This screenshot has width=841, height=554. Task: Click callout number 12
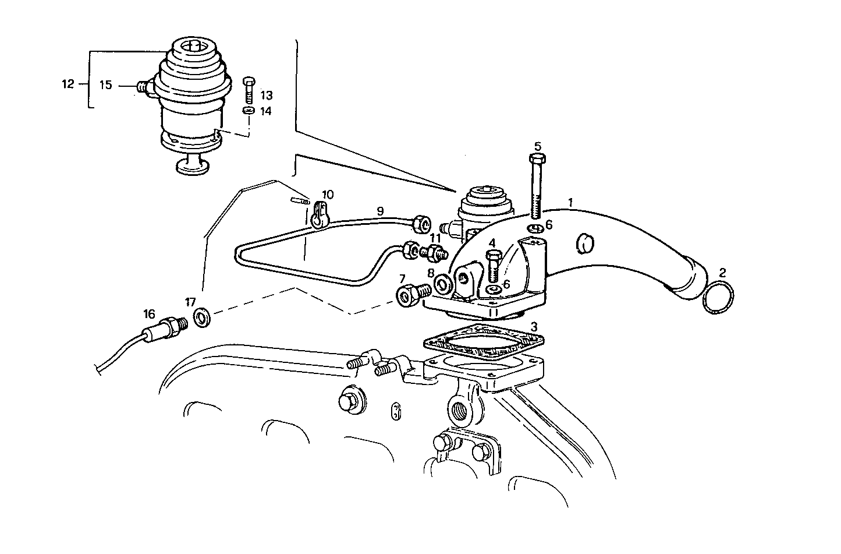tap(68, 84)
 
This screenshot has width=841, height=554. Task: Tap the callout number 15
tap(105, 85)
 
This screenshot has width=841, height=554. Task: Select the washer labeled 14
tap(249, 111)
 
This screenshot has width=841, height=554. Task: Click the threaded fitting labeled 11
tap(434, 252)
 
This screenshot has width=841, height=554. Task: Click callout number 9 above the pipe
tap(380, 211)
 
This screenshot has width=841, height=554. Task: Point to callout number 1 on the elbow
tap(571, 203)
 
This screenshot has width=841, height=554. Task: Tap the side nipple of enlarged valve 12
tap(143, 87)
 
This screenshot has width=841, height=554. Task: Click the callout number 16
tap(149, 314)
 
